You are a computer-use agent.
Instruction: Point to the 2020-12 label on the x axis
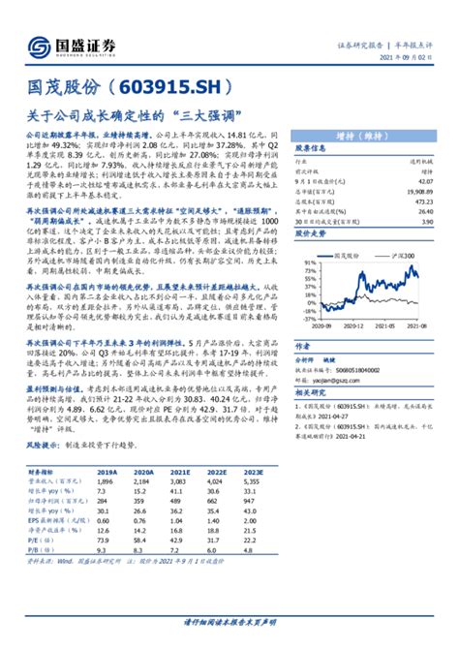[x=366, y=326]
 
